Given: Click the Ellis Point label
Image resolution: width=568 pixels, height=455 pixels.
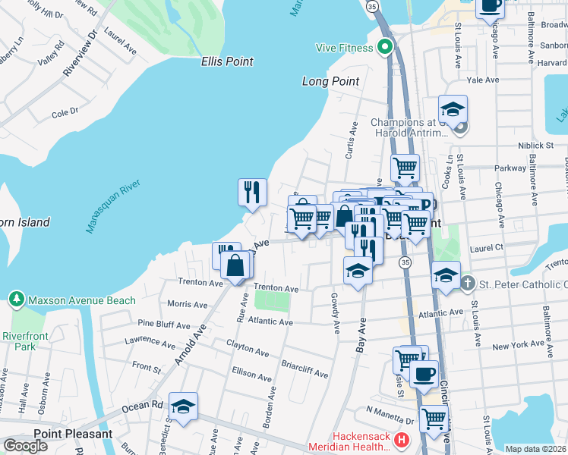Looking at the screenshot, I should pos(227,61).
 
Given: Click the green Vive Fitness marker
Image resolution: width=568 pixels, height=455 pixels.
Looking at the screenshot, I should pos(385,48).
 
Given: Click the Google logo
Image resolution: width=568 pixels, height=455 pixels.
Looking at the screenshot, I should pos(25,446).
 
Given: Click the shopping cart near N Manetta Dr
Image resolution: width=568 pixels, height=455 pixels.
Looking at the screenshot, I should pos(433,417).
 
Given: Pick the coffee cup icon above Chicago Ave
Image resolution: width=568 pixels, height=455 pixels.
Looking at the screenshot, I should pos(490,6).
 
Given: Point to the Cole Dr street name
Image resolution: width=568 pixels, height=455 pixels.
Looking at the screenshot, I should pos(65,112).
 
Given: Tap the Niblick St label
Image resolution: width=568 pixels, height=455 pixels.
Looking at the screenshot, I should pos(537,144).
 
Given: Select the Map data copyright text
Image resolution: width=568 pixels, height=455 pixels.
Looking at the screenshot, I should pos(535,449).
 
